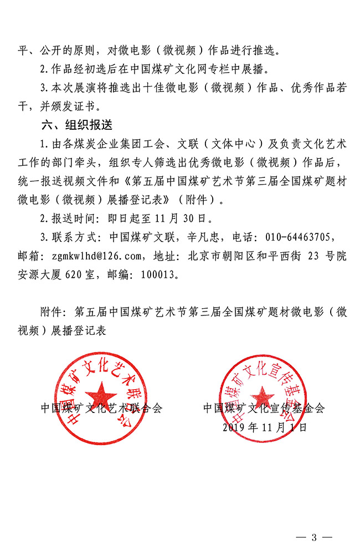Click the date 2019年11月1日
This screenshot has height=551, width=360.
[x=264, y=427]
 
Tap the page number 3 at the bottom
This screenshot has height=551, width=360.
[x=314, y=537]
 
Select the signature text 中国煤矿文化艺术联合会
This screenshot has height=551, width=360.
[x=102, y=409]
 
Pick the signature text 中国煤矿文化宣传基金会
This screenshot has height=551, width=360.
[x=264, y=409]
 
